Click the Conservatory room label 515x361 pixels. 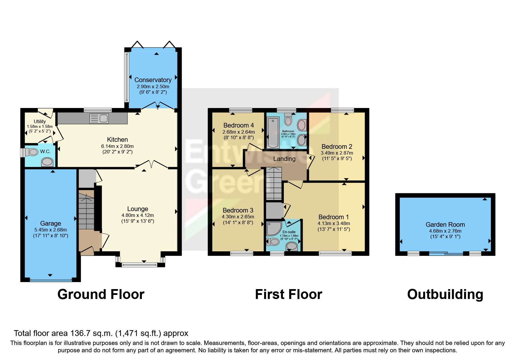click(x=153, y=80)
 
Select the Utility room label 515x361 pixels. click(x=40, y=121)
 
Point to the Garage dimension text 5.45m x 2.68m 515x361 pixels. click(x=50, y=230)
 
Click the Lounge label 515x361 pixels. click(x=138, y=209)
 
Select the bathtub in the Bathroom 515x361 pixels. click(x=273, y=132)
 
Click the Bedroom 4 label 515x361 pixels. click(x=238, y=125)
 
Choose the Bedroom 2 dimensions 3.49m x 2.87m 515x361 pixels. click(x=337, y=153)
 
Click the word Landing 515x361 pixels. click(x=284, y=159)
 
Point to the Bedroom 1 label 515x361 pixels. click(x=333, y=217)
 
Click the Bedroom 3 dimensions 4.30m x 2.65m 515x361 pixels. click(x=238, y=217)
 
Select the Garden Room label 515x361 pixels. click(x=445, y=224)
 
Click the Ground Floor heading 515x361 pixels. click(x=101, y=294)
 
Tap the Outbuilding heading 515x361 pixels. click(x=445, y=294)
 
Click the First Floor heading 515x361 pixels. click(x=288, y=294)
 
